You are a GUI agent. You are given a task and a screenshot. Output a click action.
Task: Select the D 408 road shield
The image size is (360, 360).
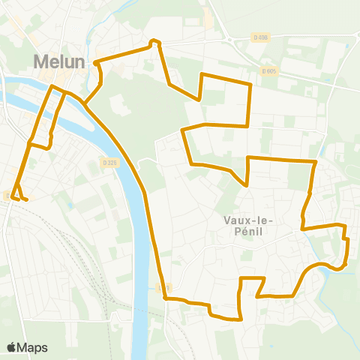coord(260,38)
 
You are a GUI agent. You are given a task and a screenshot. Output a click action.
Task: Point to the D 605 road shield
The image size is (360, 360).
coord(270,71)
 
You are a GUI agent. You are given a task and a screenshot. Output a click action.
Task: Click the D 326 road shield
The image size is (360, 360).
coord(109,162)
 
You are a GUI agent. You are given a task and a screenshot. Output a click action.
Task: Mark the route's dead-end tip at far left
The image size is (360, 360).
coord(26,199)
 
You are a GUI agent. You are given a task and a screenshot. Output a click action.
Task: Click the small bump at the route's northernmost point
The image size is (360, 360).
coord(154,40)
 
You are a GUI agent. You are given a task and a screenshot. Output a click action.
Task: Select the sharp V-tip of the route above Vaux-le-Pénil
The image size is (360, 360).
coord(246,184)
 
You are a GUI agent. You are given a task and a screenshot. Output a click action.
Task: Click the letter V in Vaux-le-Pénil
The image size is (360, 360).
coord(227,220)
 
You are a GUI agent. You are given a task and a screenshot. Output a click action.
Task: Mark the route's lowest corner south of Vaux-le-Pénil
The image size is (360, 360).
coord(240,319)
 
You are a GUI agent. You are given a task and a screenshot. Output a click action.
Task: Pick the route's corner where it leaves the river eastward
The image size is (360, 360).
coord(165,299)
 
